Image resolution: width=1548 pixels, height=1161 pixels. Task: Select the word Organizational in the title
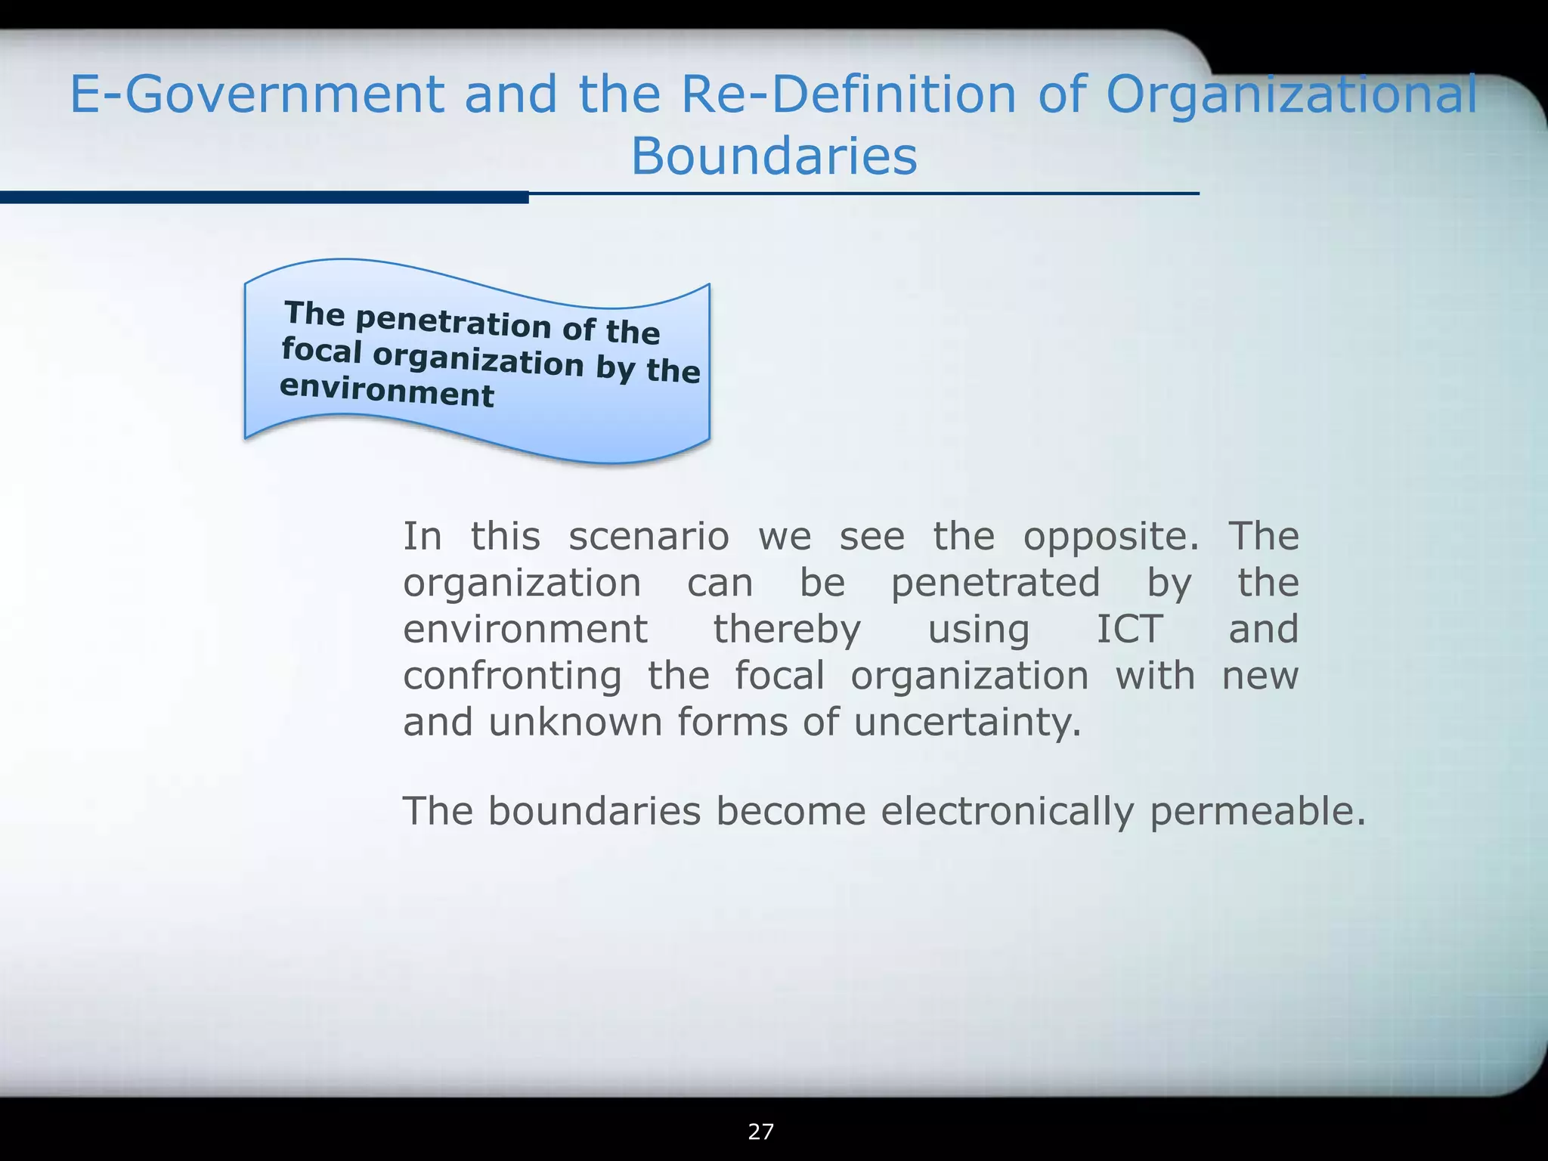(1291, 96)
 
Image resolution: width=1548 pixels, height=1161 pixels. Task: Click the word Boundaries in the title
(774, 156)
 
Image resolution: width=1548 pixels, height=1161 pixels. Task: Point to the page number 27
(760, 1132)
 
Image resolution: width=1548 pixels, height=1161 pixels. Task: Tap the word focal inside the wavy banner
(321, 351)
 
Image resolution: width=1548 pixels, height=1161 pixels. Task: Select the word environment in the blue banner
(386, 391)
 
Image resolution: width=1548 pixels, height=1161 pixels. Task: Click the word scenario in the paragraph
(649, 537)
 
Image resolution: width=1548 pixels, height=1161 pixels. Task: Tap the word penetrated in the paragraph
(995, 584)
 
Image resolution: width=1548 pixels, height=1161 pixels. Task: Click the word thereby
(787, 630)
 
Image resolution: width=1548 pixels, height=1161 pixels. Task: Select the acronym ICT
(1129, 629)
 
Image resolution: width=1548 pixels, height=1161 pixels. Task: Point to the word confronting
(512, 676)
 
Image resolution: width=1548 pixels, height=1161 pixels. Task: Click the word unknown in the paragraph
(575, 722)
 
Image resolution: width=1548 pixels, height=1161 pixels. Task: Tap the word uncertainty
(967, 723)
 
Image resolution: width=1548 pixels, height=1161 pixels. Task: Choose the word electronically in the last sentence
(1007, 812)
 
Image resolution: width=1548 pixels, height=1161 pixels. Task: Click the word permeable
(1258, 812)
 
